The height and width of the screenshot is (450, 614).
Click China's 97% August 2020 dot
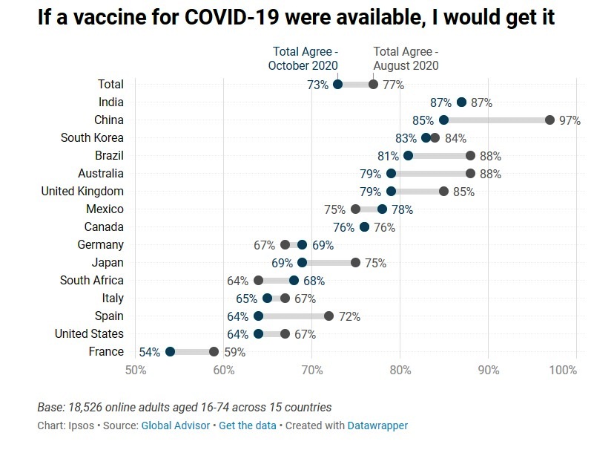coord(549,120)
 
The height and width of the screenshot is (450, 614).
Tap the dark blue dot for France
coord(170,352)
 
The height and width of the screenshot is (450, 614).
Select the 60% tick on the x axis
coord(223,370)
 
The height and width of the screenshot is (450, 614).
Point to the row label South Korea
coord(92,138)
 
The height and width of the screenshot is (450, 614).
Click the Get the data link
coord(247,425)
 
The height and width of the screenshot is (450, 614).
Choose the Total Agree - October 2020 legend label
coord(303,59)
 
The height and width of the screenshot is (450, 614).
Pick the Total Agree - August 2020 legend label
coord(406,59)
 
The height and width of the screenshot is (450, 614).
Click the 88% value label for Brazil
coord(490,156)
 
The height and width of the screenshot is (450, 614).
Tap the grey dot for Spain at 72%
coord(329,316)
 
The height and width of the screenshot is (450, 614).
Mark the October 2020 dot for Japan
coord(302,263)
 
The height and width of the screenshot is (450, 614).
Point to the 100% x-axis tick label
coord(564,370)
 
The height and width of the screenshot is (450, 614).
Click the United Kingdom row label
coord(82,192)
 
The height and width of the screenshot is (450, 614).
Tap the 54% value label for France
coord(149,352)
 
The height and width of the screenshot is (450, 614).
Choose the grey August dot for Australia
coord(470,174)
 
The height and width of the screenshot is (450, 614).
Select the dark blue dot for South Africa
coord(294,281)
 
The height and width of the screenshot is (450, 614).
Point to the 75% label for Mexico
coord(335,209)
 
